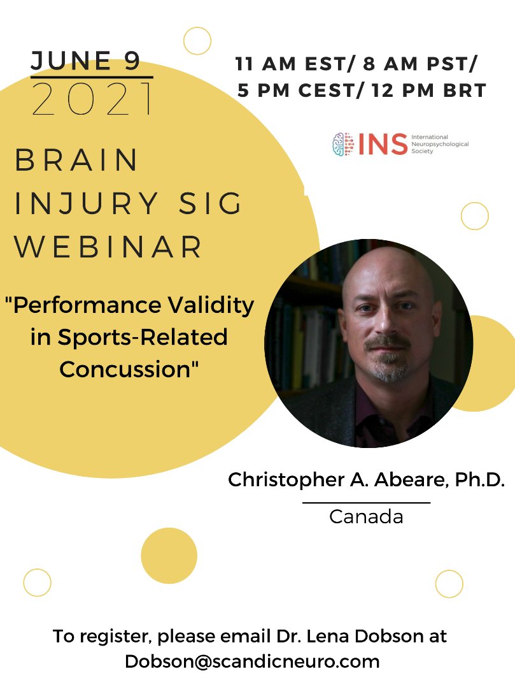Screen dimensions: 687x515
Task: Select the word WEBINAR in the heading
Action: (x=109, y=247)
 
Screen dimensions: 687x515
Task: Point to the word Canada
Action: (x=366, y=516)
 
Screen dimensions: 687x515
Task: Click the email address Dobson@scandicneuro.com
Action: (x=252, y=661)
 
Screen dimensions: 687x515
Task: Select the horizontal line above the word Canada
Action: (x=366, y=502)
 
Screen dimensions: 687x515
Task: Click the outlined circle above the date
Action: (x=197, y=41)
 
